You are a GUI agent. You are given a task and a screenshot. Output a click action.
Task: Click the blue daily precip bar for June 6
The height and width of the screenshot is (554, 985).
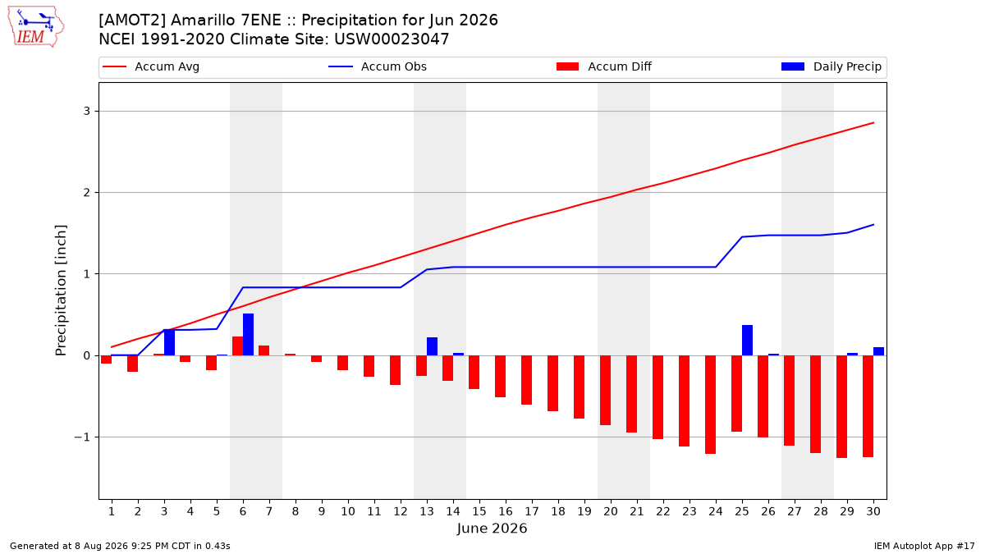(x=248, y=335)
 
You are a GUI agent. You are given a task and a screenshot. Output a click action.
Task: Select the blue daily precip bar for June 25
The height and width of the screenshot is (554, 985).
(x=747, y=341)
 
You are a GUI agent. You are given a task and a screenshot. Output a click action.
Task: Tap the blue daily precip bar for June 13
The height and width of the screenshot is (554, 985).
(x=432, y=346)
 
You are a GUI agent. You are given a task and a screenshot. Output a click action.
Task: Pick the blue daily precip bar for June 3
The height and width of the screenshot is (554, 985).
(x=169, y=342)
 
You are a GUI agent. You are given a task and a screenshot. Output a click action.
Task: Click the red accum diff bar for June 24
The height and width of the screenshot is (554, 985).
(x=710, y=405)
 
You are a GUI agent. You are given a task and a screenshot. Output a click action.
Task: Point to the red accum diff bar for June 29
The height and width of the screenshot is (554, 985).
(x=841, y=407)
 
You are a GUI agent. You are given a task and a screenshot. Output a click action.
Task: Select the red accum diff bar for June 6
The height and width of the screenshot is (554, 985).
(x=237, y=346)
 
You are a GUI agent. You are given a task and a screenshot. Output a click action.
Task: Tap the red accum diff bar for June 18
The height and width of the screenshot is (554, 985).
(x=552, y=383)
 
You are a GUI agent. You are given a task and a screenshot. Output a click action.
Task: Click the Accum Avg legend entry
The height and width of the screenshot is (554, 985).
(x=151, y=66)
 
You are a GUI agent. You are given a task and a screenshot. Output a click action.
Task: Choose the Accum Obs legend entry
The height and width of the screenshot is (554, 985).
(x=378, y=66)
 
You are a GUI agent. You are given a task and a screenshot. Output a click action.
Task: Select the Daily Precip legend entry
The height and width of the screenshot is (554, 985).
(x=832, y=66)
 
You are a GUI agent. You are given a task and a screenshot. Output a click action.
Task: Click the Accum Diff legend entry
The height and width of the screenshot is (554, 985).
(x=604, y=66)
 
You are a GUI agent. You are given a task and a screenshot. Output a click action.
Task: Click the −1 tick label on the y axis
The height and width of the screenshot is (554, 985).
(x=82, y=437)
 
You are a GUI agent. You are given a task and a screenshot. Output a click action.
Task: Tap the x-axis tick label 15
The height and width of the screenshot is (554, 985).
(x=479, y=511)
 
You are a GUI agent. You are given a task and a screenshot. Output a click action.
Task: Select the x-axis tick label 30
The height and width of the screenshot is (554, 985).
(x=873, y=511)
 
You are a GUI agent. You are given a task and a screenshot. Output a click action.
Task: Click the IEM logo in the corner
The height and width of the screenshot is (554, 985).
(x=36, y=27)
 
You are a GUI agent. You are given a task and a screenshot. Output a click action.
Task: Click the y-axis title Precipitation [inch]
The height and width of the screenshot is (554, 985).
(x=61, y=291)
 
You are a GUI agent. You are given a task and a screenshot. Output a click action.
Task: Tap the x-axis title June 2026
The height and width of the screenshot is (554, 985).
(x=492, y=528)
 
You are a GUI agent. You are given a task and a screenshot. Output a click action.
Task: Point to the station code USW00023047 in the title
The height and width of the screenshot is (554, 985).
(x=392, y=39)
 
